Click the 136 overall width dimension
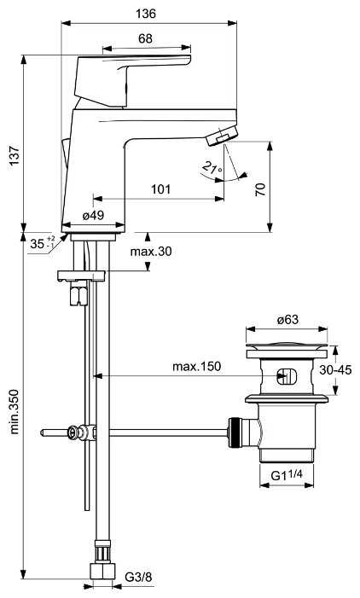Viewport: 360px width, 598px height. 146,14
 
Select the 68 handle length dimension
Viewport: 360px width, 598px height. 145,38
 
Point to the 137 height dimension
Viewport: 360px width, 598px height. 15,155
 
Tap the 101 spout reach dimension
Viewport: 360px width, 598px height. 161,189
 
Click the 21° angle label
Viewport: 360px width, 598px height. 212,167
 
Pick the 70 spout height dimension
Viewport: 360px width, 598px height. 260,189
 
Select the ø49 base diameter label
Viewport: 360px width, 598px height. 93,215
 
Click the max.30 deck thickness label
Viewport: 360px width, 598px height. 151,252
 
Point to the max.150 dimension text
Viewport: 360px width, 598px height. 197,367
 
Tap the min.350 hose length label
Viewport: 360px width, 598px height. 15,411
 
